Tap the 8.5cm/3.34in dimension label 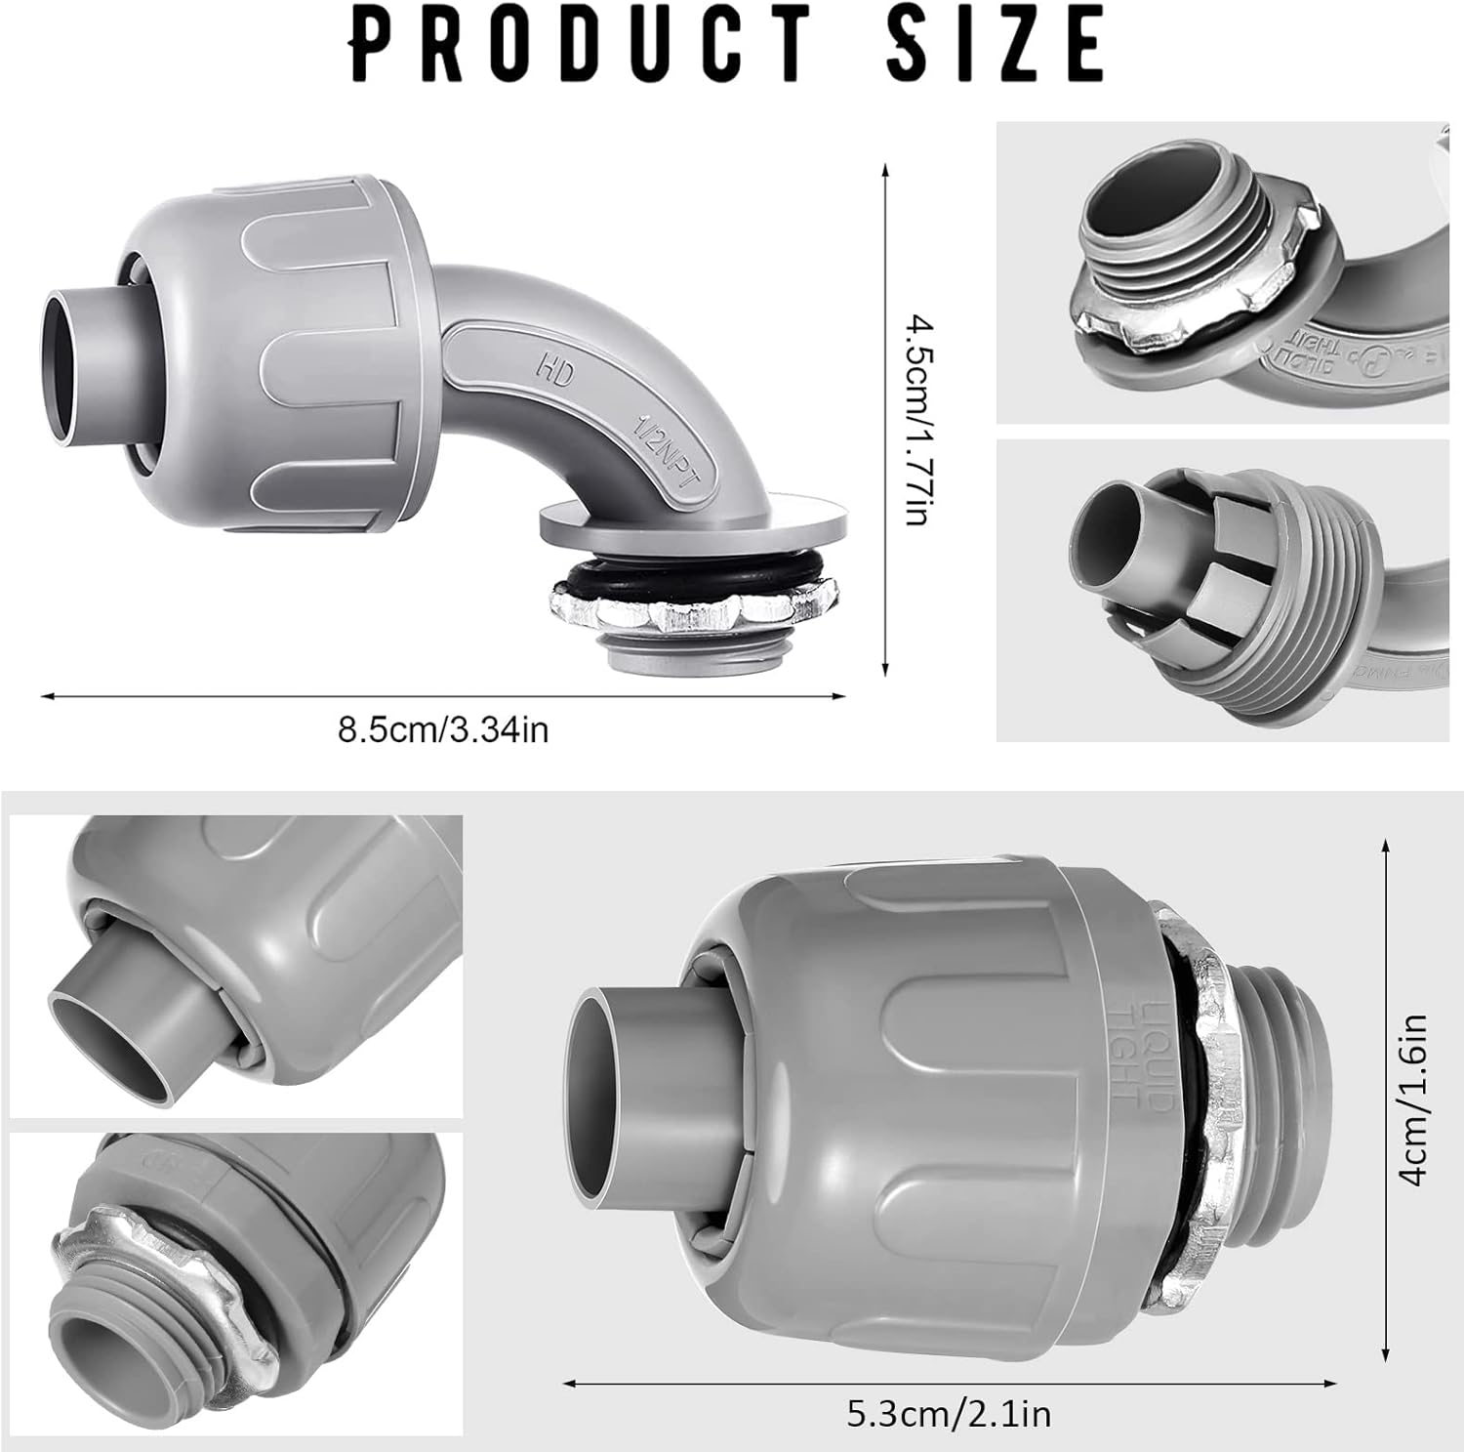(x=442, y=729)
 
